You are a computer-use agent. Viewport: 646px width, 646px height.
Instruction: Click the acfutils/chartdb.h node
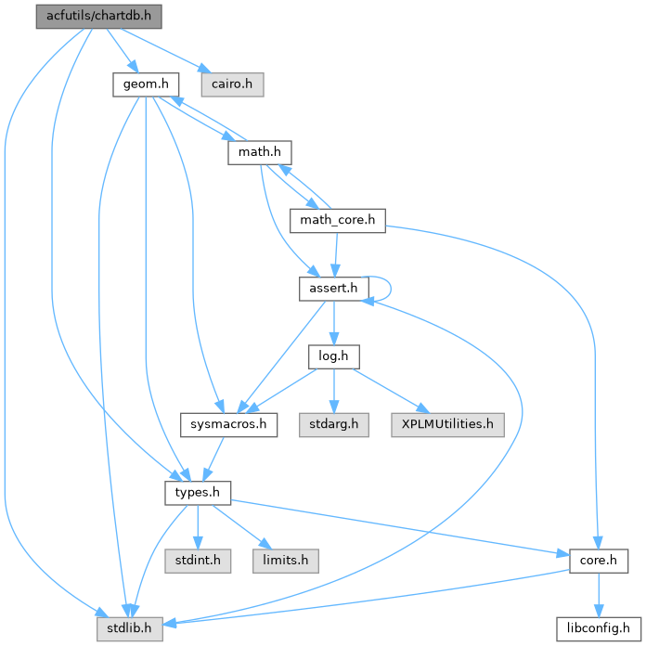(x=85, y=16)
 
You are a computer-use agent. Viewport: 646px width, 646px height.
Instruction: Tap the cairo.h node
(x=231, y=84)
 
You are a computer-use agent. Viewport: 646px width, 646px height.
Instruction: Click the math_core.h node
(x=337, y=221)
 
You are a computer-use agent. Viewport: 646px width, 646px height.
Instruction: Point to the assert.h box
(x=332, y=289)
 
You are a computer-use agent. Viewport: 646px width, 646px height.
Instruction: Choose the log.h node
(x=332, y=356)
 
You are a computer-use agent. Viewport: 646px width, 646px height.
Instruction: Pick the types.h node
(x=197, y=492)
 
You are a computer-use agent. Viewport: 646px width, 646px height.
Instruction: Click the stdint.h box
(x=198, y=561)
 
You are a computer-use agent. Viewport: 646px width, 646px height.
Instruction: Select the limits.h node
(x=283, y=561)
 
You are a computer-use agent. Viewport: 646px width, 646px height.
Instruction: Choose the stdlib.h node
(x=123, y=628)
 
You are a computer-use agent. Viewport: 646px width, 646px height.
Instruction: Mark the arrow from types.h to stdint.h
(x=197, y=526)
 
